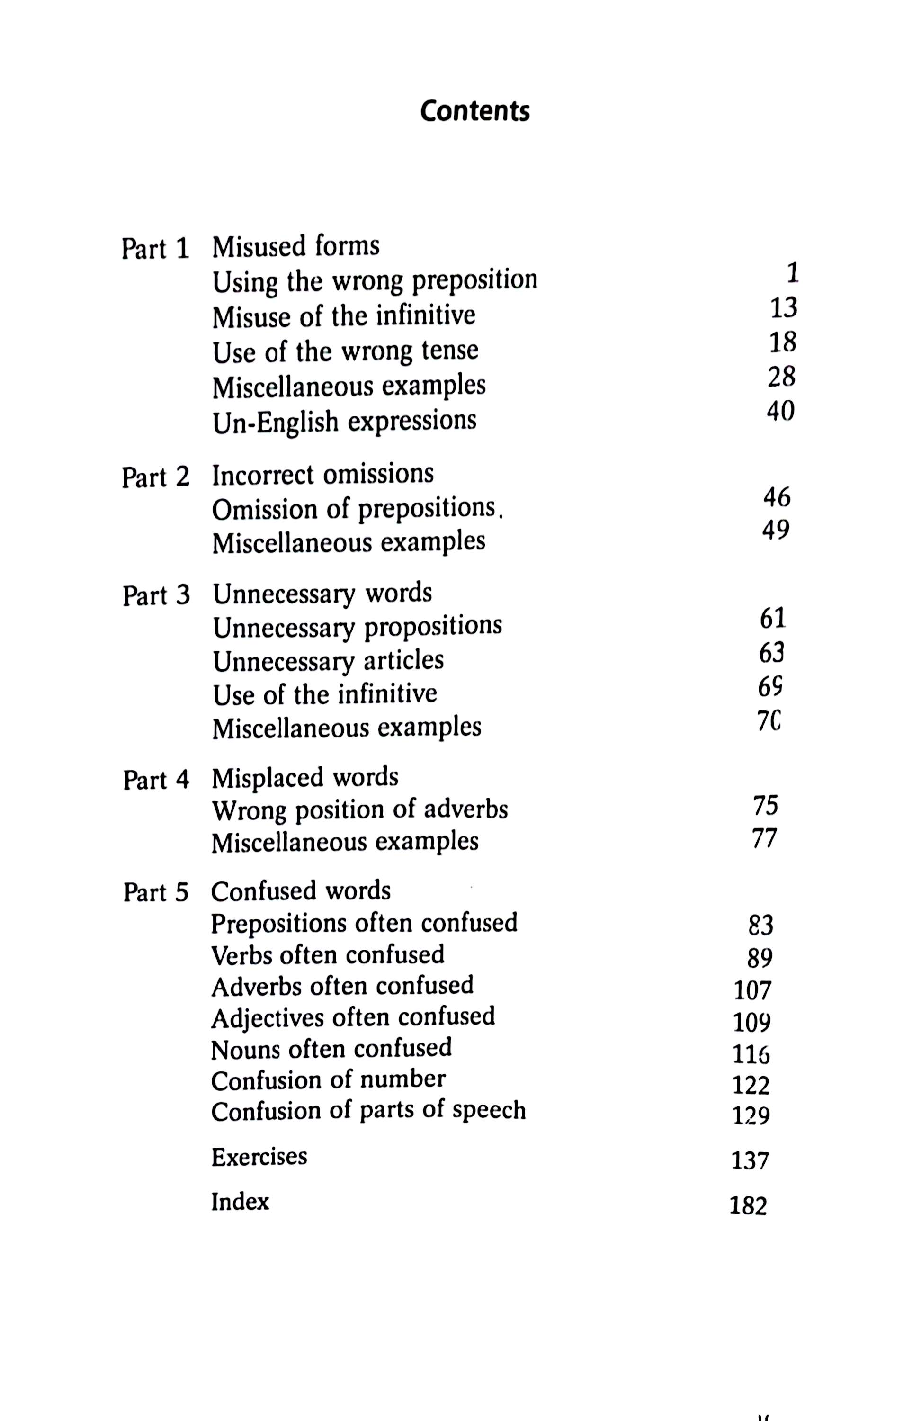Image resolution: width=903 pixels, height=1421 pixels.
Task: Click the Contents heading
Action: [475, 111]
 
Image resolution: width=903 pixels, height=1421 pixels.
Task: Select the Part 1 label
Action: [156, 249]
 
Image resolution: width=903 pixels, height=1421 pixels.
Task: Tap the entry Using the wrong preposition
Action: [375, 281]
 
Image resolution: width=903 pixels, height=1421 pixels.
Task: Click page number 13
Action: [784, 307]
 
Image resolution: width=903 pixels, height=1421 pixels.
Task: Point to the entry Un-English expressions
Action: [344, 422]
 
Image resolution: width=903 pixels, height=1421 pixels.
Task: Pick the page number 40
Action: [781, 411]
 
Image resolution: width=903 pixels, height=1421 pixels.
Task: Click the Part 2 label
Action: [156, 477]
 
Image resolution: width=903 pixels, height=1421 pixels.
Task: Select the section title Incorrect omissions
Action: [322, 475]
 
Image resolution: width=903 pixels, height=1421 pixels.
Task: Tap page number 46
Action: [776, 498]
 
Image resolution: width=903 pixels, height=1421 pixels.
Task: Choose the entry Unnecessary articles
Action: [328, 660]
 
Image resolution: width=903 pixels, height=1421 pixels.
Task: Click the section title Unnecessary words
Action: [322, 593]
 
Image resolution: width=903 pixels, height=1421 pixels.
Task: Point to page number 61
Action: [773, 619]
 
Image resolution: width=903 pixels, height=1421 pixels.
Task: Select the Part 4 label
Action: [156, 780]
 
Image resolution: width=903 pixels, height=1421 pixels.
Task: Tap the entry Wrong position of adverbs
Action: [360, 809]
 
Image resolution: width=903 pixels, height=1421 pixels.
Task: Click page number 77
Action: [765, 838]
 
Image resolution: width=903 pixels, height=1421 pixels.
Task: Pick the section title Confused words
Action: [301, 891]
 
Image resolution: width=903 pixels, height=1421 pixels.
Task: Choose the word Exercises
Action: [259, 1156]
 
